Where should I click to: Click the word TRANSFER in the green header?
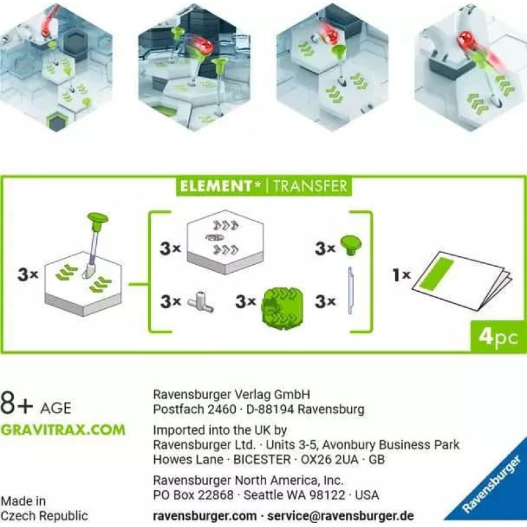click(310, 186)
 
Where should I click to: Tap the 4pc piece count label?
click(498, 337)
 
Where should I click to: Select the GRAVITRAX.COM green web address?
click(63, 430)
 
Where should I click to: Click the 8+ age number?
click(17, 403)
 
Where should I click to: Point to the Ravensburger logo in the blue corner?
click(491, 485)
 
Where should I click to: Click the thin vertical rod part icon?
click(350, 291)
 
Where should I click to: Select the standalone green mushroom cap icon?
click(350, 245)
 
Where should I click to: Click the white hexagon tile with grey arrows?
click(225, 241)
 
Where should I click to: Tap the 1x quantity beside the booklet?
click(402, 275)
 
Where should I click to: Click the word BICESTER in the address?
click(262, 459)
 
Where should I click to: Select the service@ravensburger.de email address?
click(340, 516)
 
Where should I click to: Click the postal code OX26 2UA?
click(329, 459)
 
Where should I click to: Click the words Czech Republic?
click(44, 516)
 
